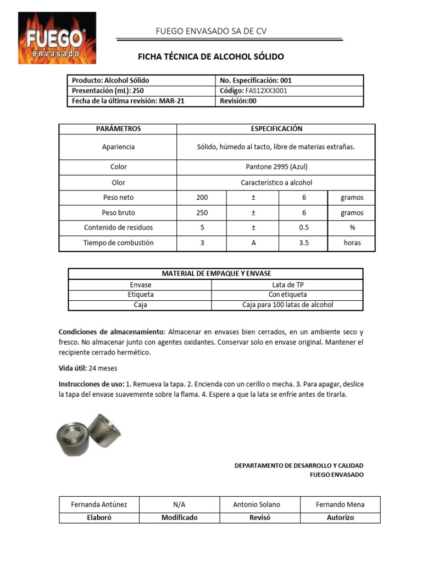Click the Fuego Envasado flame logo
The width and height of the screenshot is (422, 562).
point(57,38)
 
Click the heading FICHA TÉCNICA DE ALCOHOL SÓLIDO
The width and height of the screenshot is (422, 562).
point(210,57)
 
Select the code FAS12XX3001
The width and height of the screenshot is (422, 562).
point(263,91)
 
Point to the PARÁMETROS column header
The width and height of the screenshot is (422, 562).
point(118,129)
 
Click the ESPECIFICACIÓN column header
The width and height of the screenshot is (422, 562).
point(276,129)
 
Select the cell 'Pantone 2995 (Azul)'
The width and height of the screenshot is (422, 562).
point(276,167)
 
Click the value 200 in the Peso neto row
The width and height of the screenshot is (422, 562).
point(202,198)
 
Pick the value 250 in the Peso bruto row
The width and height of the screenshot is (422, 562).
point(202,212)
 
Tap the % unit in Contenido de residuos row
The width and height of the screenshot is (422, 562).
point(352,228)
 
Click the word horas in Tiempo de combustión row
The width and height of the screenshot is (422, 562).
point(352,243)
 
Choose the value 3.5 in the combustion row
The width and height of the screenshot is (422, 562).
point(304,243)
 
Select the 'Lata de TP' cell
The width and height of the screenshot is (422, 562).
point(288,285)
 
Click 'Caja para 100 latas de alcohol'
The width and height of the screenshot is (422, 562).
point(288,305)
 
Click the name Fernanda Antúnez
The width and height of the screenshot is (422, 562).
point(99,504)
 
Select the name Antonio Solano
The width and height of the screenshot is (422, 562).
point(256,504)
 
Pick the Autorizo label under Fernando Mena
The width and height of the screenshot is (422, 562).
point(340,517)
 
